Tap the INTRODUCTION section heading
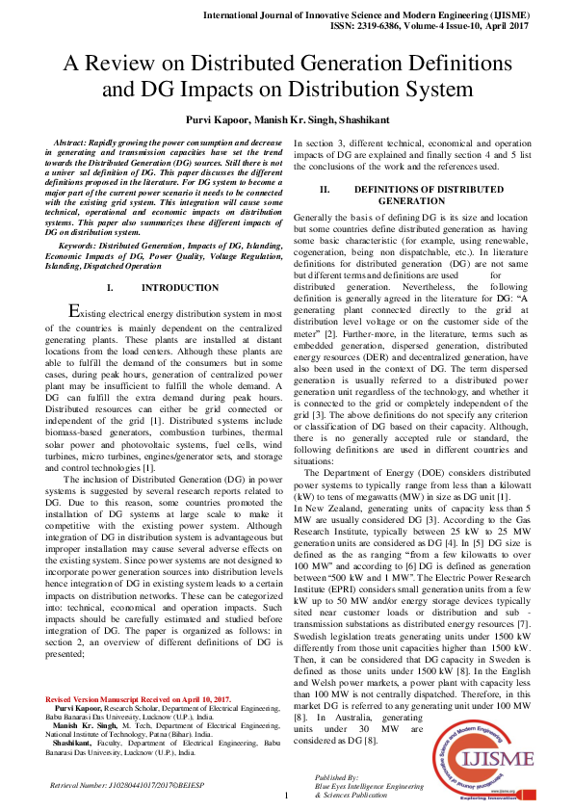tap(179, 288)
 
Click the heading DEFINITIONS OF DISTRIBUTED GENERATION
tap(411, 196)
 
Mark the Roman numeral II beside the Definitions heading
tap(325, 190)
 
